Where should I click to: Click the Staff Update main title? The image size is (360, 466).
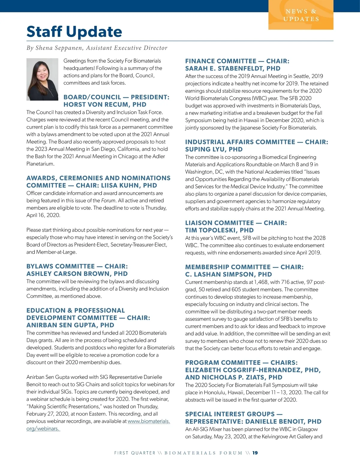pyautogui.click(x=74, y=32)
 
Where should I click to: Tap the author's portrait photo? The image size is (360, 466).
pyautogui.click(x=42, y=79)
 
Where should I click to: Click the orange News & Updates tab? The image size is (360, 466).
pyautogui.click(x=301, y=15)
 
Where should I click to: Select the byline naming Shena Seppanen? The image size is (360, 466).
pyautogui.click(x=97, y=48)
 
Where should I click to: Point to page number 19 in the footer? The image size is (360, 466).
pyautogui.click(x=255, y=453)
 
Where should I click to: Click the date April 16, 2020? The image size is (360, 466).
pyautogui.click(x=43, y=215)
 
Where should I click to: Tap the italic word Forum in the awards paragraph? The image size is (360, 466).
pyautogui.click(x=108, y=201)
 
